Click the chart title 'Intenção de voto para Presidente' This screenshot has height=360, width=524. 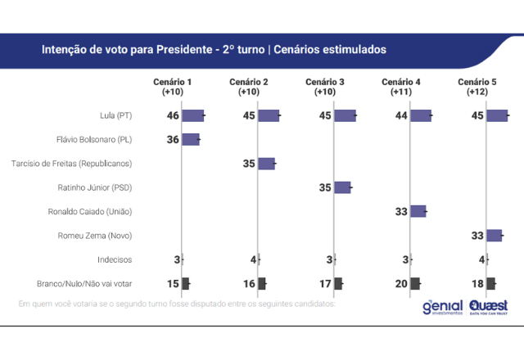point(152,50)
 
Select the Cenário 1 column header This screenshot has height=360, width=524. point(172,83)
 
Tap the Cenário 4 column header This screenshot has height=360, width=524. point(401,83)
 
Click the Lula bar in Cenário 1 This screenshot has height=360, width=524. point(192,116)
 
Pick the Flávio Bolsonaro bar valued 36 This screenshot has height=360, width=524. point(190,140)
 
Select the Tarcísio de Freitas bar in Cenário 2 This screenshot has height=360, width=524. point(266,164)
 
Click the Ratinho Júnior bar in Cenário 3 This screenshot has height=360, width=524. point(342,187)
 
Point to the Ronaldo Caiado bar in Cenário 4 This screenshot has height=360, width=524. point(418,211)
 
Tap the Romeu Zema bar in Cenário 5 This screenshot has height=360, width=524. point(494,236)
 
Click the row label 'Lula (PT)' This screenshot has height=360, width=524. point(114,116)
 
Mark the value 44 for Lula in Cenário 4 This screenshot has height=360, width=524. point(401,116)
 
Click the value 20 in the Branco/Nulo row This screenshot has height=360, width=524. point(401,284)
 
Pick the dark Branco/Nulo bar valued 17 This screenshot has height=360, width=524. point(338,284)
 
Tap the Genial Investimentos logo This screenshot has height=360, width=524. point(442,308)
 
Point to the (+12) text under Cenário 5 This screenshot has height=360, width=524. point(477,92)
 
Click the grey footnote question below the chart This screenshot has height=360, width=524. point(177,304)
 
